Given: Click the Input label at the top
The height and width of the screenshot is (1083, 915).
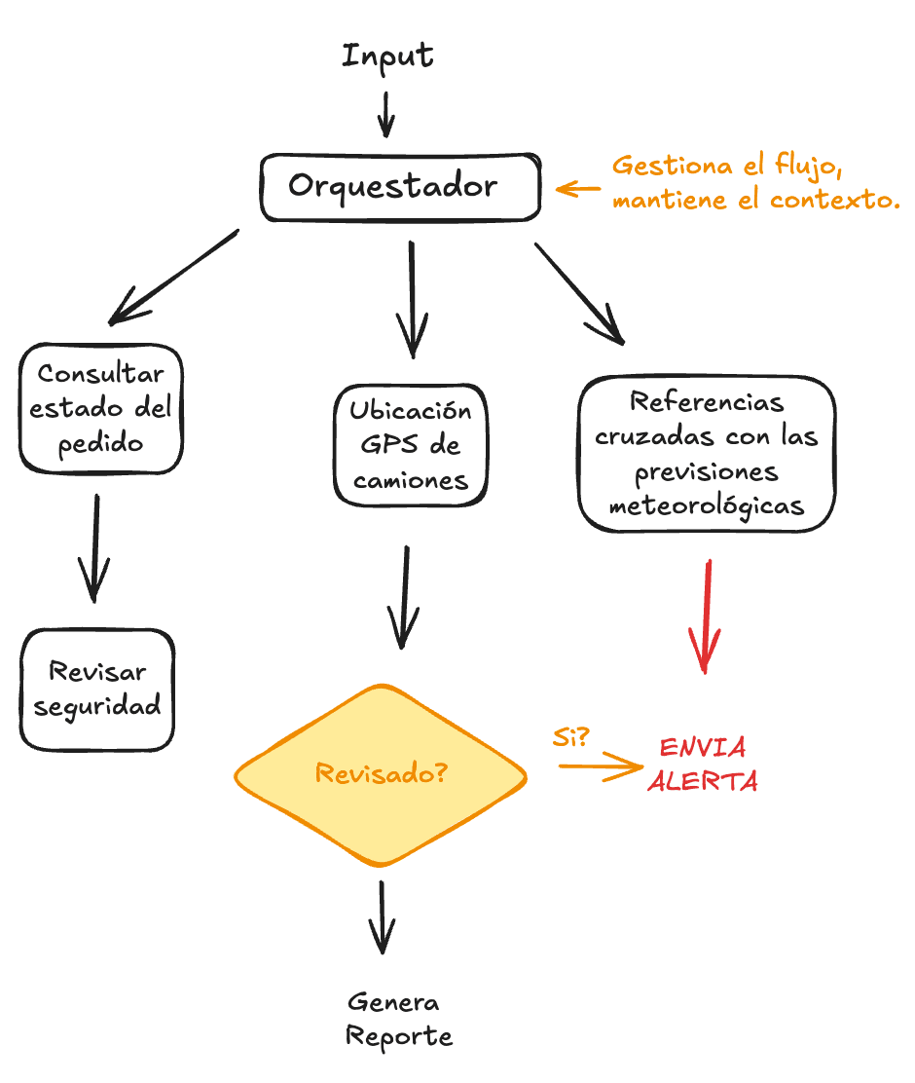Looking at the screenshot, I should pyautogui.click(x=387, y=56).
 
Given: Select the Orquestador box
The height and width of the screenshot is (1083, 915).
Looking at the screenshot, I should pyautogui.click(x=399, y=187).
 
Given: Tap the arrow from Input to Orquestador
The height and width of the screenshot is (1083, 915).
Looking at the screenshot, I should pyautogui.click(x=386, y=115).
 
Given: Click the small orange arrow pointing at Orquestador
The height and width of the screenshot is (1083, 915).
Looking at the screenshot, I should pyautogui.click(x=577, y=190).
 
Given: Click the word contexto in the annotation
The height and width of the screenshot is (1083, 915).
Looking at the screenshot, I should pyautogui.click(x=833, y=202).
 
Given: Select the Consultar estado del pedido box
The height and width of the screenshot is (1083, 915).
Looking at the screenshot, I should pyautogui.click(x=101, y=409).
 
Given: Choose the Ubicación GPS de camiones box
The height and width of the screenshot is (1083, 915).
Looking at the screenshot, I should pyautogui.click(x=410, y=445).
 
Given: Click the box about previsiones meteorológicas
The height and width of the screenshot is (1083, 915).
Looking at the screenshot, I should pyautogui.click(x=707, y=454).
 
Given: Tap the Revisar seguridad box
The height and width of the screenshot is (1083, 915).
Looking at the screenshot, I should pyautogui.click(x=97, y=689).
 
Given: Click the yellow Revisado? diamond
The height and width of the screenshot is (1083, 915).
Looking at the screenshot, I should pyautogui.click(x=381, y=775).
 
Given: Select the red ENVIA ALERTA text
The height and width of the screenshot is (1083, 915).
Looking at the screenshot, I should pyautogui.click(x=703, y=766).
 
